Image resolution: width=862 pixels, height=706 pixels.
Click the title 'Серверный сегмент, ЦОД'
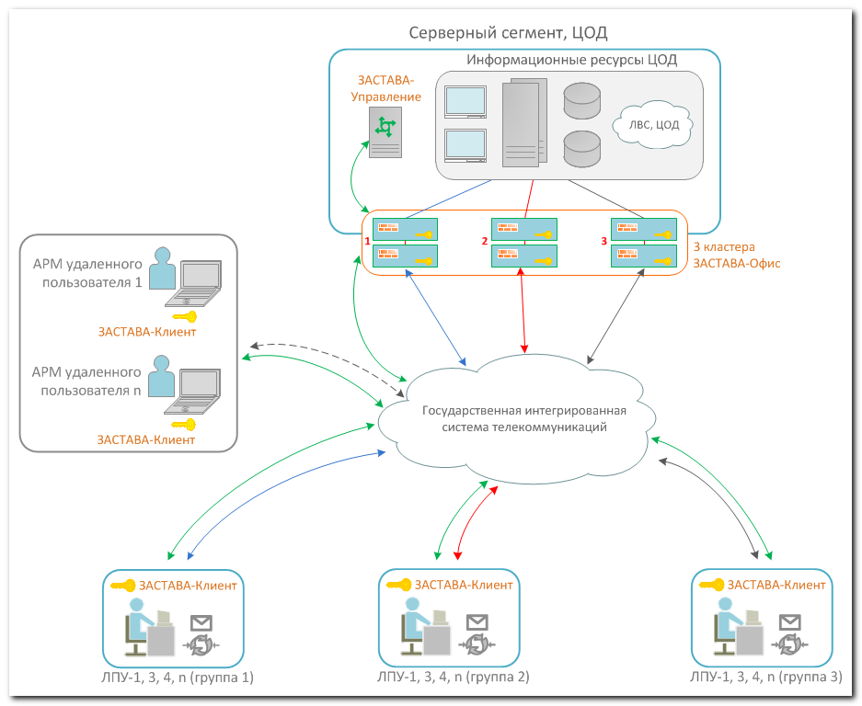(508, 33)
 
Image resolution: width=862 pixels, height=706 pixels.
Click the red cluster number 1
(367, 241)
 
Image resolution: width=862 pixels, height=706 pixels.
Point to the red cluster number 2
(484, 241)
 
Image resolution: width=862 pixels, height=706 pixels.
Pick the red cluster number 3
(603, 241)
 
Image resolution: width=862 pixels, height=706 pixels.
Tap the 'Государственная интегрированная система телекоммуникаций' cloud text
(519, 419)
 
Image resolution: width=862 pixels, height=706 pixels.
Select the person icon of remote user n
(163, 380)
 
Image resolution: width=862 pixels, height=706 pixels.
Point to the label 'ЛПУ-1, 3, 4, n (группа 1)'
(178, 678)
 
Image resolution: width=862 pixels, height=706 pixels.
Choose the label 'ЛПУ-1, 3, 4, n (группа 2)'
(454, 678)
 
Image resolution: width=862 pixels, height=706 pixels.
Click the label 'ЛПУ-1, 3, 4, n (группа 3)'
(765, 678)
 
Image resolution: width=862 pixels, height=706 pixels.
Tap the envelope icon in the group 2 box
(477, 621)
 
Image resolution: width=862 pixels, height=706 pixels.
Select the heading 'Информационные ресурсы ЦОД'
(571, 61)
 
